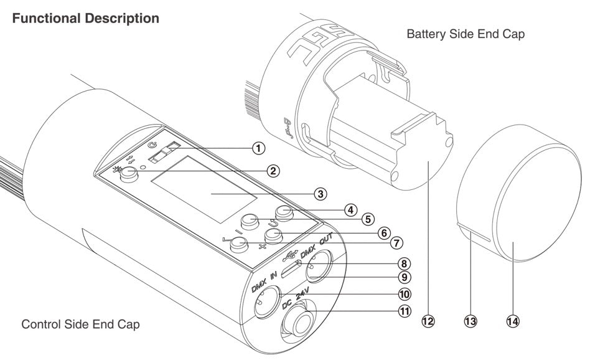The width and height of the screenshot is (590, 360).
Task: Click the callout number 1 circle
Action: coord(258,148)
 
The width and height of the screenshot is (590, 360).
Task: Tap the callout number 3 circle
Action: coord(320,194)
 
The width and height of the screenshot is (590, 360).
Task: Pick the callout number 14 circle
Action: coord(513,321)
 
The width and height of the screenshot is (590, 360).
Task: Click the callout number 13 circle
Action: coord(470,321)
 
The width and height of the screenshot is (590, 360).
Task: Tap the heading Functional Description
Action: coord(85,19)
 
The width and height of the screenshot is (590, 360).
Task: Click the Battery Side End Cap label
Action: coord(465,34)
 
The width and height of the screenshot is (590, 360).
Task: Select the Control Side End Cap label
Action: coord(80,324)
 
